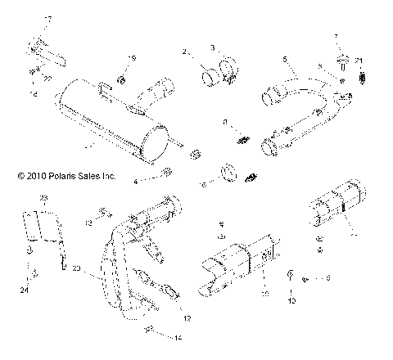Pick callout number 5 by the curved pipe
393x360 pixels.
pyautogui.click(x=284, y=59)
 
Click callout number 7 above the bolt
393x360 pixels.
pyautogui.click(x=335, y=38)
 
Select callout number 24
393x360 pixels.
pyautogui.click(x=25, y=290)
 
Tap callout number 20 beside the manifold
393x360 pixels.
pyautogui.click(x=75, y=268)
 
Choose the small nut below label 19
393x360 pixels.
pyautogui.click(x=120, y=79)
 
